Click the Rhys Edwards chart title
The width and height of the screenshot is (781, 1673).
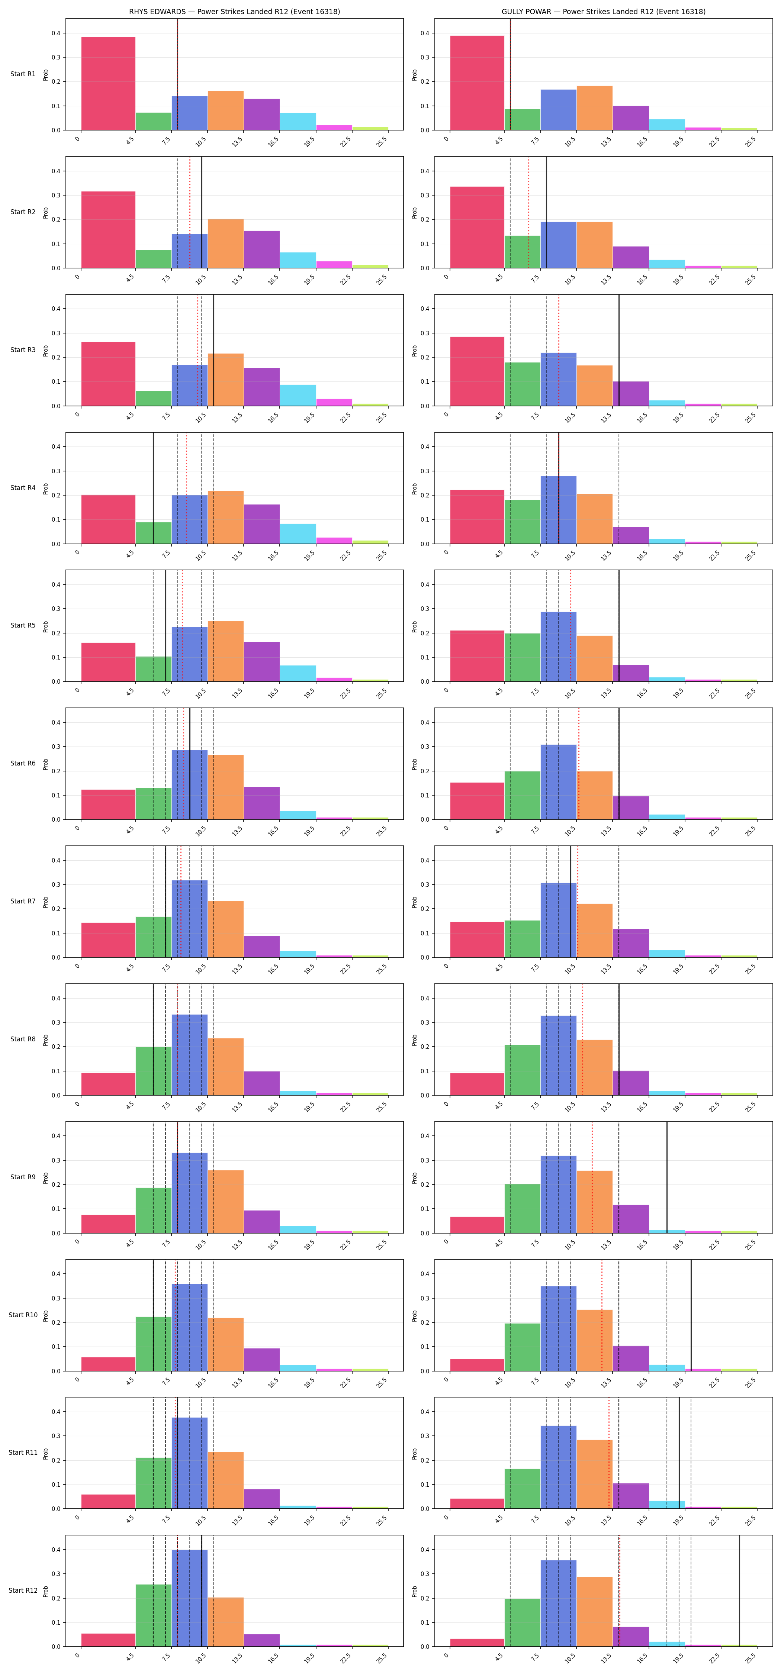[x=235, y=12]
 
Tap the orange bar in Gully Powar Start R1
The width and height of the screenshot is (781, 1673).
[x=595, y=108]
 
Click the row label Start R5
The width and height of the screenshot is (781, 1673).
[x=23, y=625]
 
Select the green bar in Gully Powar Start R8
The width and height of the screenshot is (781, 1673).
[x=523, y=1070]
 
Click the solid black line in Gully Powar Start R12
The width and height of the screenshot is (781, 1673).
[x=739, y=1591]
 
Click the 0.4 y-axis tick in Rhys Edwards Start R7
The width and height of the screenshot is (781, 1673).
[x=57, y=861]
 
